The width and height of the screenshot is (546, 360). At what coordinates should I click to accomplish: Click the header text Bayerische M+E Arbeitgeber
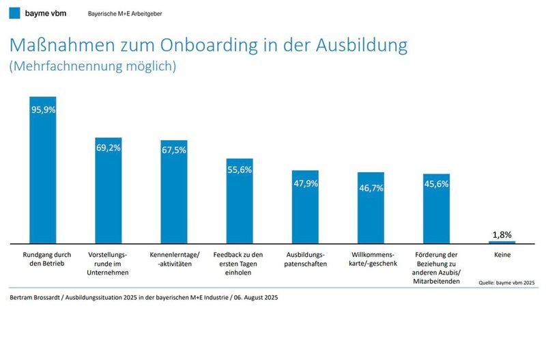coord(125,14)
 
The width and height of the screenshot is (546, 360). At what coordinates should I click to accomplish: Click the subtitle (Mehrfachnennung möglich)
coord(93,67)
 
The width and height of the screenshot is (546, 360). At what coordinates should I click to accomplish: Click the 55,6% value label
coord(240,169)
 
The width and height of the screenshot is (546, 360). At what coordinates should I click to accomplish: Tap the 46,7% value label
coord(371,185)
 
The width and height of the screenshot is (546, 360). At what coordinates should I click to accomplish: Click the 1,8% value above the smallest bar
coord(502,234)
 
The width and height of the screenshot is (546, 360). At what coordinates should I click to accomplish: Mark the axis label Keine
coord(502,255)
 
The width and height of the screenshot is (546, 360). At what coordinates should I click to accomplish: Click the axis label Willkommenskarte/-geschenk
coord(371,259)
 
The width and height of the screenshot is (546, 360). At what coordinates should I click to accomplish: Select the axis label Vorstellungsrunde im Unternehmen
coord(108,263)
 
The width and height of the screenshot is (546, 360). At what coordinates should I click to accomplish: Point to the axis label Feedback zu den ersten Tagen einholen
coord(240,263)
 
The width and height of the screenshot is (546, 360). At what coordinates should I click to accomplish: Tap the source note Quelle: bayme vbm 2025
coord(506,281)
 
